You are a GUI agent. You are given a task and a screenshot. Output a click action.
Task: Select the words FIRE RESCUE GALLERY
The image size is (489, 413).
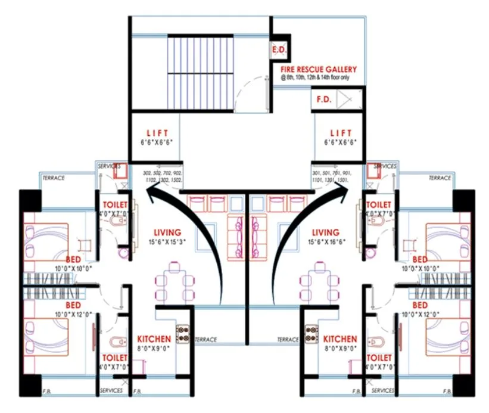[319, 69]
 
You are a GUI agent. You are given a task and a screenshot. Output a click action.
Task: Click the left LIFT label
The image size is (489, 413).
[157, 132]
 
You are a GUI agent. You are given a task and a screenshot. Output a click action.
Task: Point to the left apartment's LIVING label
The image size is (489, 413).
[167, 232]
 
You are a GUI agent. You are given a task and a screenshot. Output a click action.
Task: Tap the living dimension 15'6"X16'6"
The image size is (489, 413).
[325, 243]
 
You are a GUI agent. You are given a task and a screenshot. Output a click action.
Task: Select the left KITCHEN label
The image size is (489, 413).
[154, 339]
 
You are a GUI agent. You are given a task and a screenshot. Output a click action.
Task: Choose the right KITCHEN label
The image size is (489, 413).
[340, 339]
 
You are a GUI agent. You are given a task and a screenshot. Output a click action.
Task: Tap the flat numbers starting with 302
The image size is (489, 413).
[161, 176]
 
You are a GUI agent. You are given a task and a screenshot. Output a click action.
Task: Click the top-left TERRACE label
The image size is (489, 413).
[54, 178]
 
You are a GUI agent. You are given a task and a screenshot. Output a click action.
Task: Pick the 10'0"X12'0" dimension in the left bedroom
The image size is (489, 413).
[73, 313]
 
